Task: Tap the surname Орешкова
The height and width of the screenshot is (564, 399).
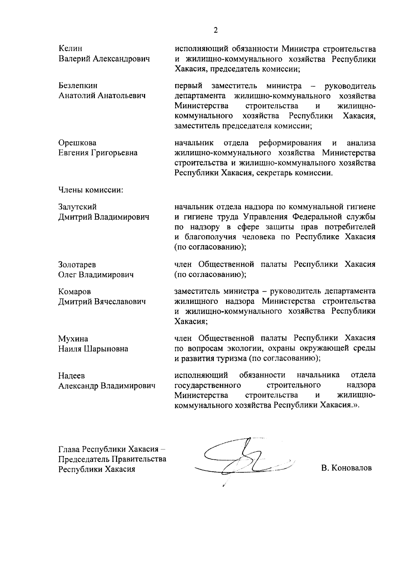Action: tap(77, 143)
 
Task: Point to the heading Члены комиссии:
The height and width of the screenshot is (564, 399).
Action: tap(91, 190)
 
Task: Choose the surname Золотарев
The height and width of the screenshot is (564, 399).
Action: tap(77, 265)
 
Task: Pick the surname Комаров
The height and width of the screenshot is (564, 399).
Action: tap(74, 291)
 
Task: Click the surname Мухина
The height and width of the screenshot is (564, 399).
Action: tap(73, 339)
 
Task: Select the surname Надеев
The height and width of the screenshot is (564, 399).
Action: tap(71, 376)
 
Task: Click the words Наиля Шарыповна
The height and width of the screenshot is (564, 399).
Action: tap(93, 349)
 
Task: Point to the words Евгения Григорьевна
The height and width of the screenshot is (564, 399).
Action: tap(98, 153)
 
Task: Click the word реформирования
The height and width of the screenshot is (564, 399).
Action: tap(290, 143)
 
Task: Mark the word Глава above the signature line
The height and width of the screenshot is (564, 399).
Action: tap(69, 449)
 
